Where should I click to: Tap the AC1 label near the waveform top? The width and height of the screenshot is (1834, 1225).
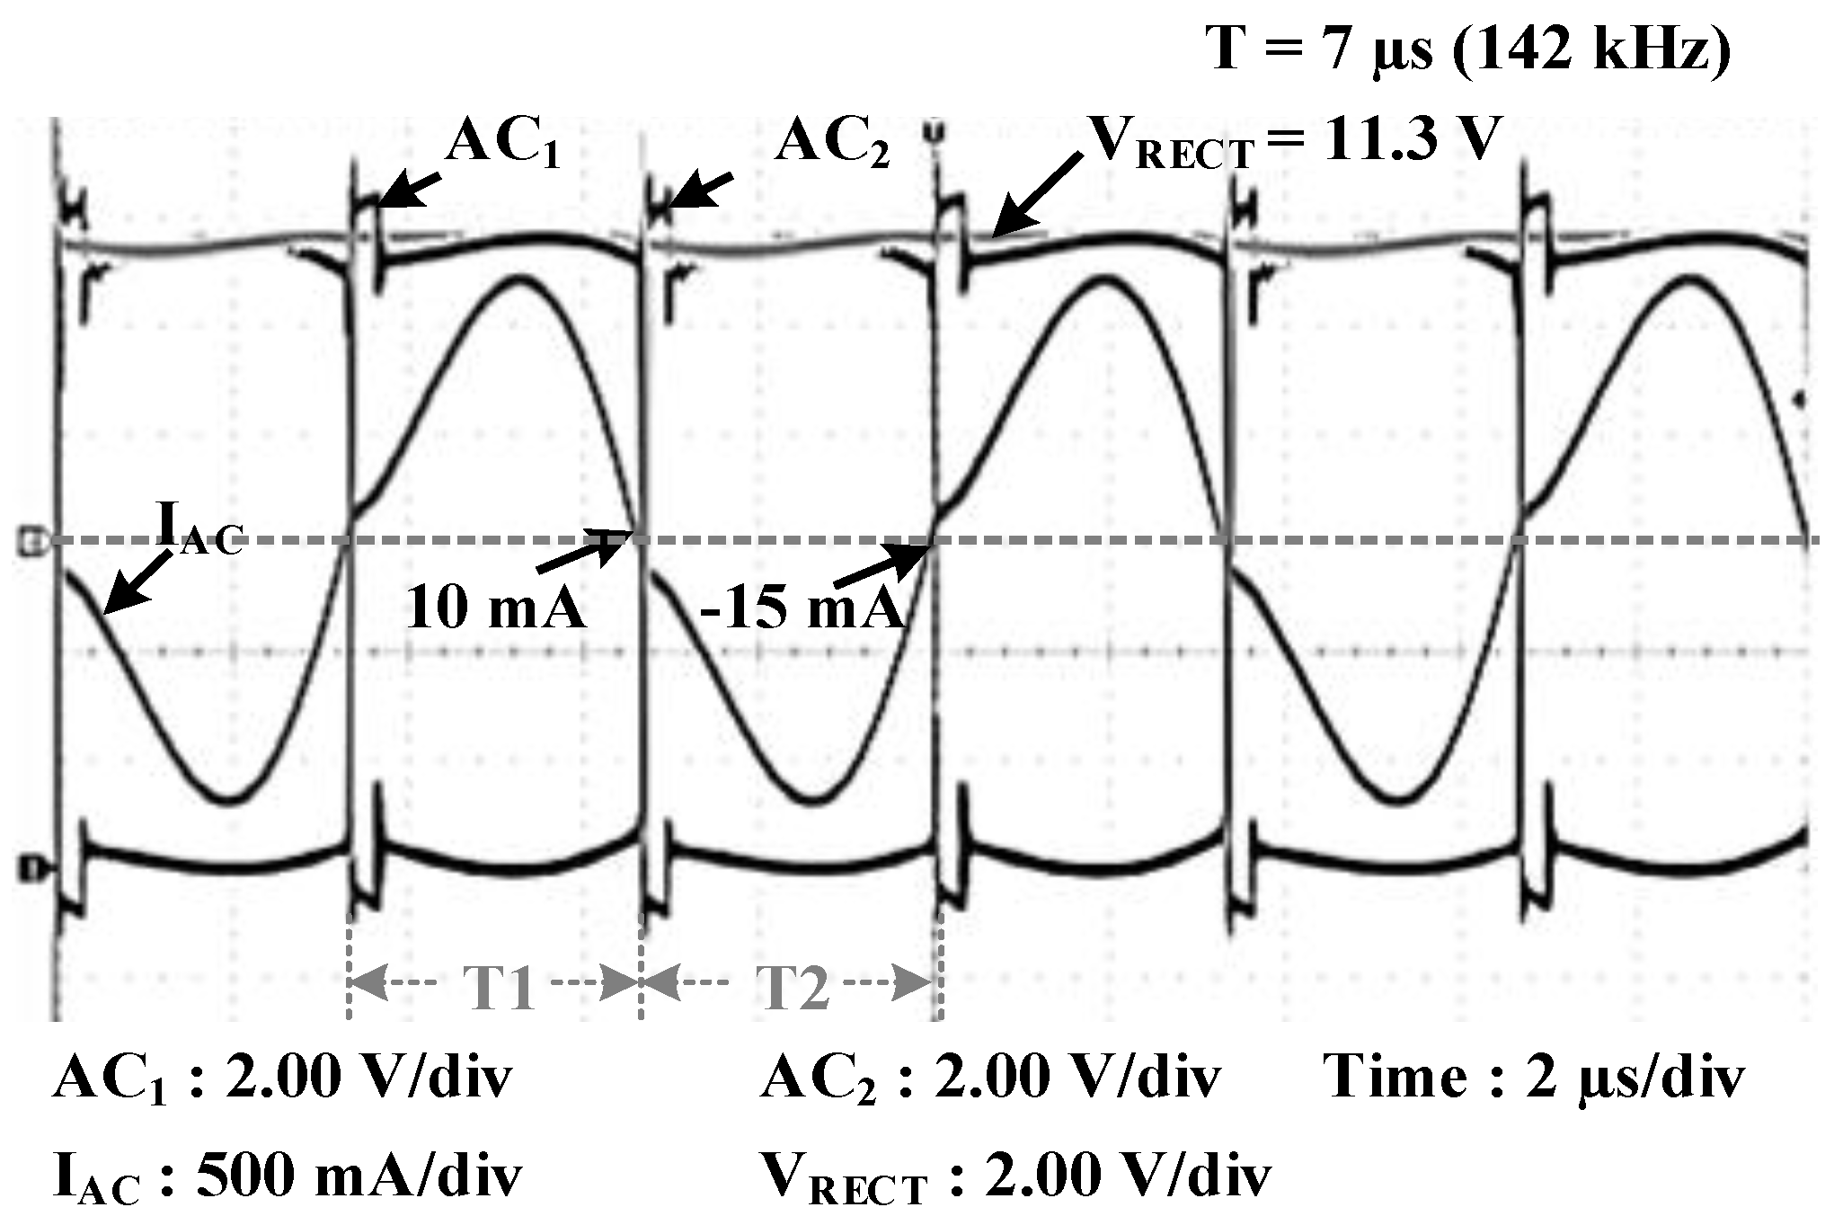(503, 144)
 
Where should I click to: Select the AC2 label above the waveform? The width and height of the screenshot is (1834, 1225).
(832, 144)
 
